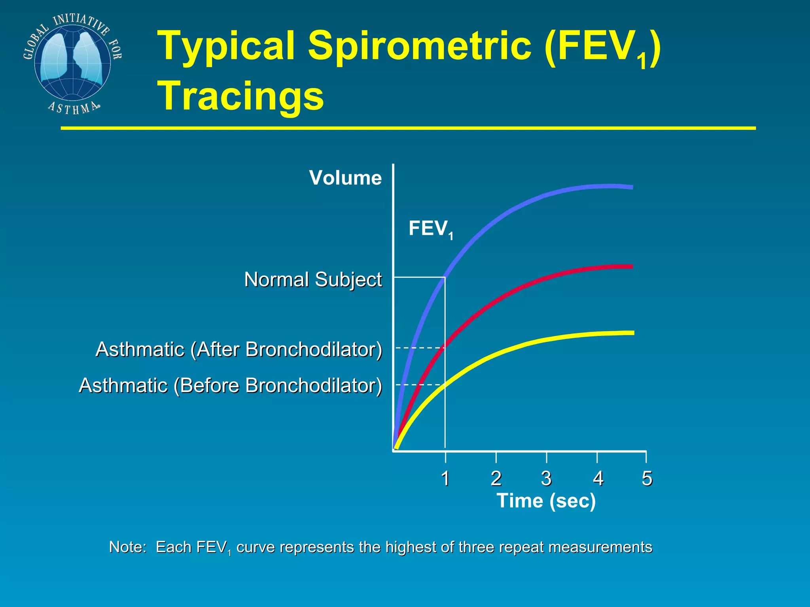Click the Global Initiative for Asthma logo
(72, 63)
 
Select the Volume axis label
(345, 178)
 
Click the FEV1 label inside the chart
(430, 229)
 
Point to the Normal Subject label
(313, 280)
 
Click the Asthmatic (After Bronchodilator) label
(239, 349)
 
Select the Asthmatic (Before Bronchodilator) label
(231, 385)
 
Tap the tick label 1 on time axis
(445, 479)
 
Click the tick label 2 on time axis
(496, 479)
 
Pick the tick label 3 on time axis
(546, 479)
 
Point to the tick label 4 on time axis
(598, 479)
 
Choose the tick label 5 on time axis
(647, 479)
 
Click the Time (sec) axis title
(546, 501)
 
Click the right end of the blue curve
(631, 187)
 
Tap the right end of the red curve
(631, 267)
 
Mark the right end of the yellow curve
(632, 333)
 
